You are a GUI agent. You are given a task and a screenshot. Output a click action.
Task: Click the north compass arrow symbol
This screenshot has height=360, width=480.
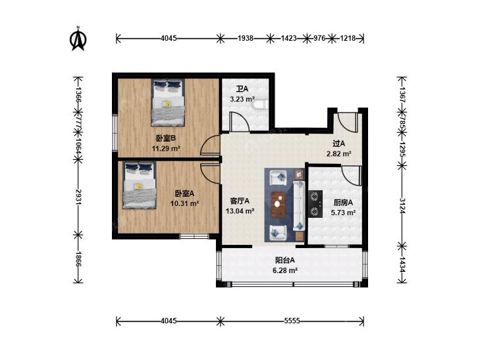78,39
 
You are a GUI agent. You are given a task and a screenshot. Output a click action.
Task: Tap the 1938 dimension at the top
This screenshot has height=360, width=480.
246,38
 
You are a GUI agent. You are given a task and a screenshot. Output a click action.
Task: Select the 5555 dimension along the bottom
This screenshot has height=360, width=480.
292,321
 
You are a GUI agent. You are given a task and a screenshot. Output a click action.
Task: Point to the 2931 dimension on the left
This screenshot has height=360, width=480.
78,197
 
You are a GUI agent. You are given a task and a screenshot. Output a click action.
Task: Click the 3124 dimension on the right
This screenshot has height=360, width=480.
402,206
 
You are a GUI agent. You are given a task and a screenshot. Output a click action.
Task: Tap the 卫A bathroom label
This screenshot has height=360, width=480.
242,89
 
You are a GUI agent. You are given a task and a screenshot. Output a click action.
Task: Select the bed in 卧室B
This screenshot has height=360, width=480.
168,103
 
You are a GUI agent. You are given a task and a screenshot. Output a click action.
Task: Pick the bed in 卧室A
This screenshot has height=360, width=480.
140,185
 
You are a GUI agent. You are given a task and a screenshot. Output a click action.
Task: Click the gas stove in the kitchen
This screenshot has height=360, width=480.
315,204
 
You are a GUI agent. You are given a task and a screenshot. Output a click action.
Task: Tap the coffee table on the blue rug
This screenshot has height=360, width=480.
279,204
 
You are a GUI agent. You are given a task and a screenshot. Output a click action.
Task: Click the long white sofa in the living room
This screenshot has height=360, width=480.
299,205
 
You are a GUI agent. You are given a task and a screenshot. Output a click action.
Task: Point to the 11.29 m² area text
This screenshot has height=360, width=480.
166,149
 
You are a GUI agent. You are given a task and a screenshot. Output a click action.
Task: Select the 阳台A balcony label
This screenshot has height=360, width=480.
284,260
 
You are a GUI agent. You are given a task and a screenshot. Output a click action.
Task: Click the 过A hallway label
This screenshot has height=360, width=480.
339,143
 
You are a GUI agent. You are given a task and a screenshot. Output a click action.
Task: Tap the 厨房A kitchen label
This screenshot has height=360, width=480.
343,202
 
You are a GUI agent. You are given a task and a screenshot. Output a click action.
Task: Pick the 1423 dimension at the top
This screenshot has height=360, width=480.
288,38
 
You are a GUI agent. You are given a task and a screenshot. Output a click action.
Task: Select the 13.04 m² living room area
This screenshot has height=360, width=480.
240,211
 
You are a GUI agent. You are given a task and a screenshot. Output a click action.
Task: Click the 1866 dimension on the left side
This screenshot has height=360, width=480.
78,259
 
